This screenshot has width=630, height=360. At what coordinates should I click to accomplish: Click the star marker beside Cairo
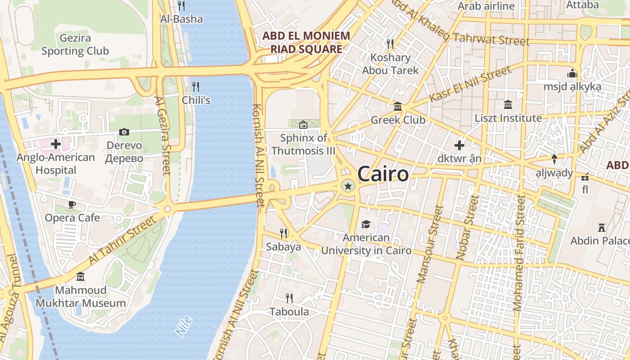[348, 185]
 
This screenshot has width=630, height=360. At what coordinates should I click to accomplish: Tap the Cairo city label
[383, 174]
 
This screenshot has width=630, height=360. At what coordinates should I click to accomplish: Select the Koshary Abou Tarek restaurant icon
[390, 44]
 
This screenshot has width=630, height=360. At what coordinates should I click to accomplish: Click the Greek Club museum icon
[398, 107]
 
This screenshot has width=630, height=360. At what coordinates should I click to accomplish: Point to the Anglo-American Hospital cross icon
[56, 144]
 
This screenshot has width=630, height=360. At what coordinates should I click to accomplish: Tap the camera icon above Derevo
[124, 132]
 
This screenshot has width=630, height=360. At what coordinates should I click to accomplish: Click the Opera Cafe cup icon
[72, 204]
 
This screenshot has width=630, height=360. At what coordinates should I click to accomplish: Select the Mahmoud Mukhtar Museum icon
[81, 276]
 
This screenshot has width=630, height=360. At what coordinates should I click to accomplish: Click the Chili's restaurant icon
[196, 86]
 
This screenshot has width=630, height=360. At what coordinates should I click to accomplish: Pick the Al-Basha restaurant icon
[181, 5]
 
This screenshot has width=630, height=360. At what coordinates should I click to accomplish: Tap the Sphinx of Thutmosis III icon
[303, 124]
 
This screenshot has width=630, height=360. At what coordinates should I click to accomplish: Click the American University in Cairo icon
[366, 224]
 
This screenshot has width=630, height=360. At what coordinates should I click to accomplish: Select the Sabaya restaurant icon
[283, 233]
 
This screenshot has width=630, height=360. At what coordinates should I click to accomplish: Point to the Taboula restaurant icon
[289, 298]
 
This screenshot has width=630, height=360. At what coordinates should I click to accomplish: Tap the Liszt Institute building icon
[508, 104]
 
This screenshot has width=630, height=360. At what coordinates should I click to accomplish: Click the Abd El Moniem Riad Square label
[306, 42]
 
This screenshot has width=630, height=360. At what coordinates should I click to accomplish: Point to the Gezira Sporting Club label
[75, 45]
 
